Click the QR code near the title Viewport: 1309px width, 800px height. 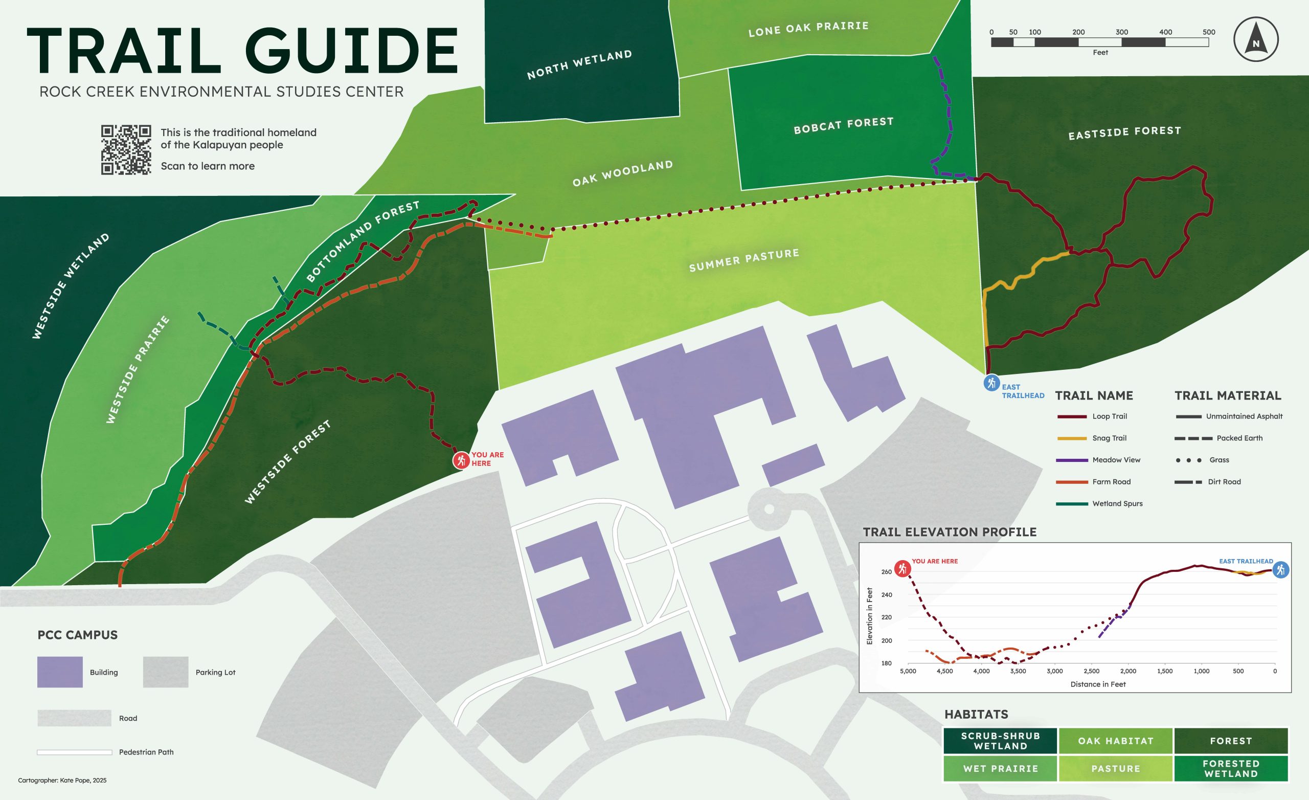pos(126,150)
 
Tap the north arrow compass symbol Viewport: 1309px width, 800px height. pos(1256,40)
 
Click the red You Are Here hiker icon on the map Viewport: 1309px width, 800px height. pos(461,460)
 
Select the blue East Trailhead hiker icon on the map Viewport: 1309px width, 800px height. pos(991,383)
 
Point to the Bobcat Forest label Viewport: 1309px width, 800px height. pos(843,125)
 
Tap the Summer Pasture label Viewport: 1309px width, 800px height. pos(744,260)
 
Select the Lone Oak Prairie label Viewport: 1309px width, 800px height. pos(808,29)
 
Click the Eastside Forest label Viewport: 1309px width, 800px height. pos(1124,133)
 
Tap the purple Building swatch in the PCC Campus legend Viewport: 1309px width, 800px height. pos(59,672)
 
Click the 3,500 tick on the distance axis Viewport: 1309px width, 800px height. pos(1018,671)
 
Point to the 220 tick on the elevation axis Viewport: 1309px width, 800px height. pos(886,617)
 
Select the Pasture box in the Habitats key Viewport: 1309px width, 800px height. pos(1116,769)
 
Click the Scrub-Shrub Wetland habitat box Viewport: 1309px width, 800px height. pos(1000,741)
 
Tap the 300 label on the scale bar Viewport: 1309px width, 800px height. pos(1121,32)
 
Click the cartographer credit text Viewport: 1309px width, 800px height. pos(62,781)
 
